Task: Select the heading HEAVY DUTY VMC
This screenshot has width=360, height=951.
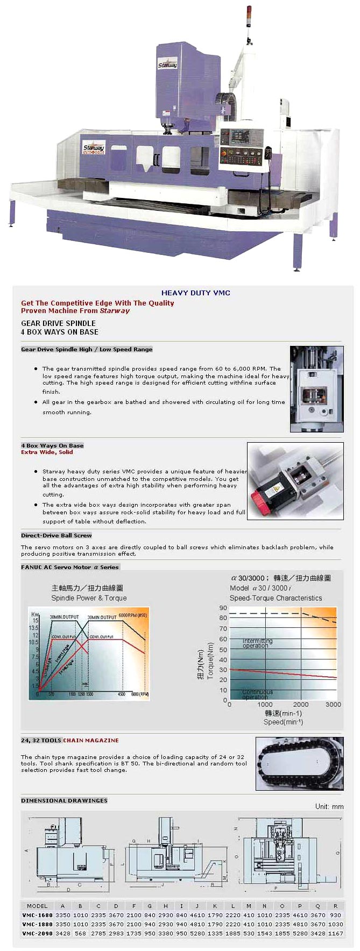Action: pos(196,293)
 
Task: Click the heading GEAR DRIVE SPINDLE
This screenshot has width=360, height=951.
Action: pos(58,323)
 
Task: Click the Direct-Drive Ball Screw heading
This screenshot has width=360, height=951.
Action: pos(57,535)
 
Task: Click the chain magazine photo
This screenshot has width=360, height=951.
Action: pos(299,764)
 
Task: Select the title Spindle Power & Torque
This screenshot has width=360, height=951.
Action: pos(89,598)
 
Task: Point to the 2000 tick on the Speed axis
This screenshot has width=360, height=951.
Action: pos(301,704)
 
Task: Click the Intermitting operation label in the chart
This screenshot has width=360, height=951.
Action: pos(257,643)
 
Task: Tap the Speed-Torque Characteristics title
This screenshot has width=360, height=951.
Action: pos(276,598)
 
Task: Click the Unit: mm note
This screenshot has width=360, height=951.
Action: pos(329,806)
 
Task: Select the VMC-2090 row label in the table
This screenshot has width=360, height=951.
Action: pos(37,933)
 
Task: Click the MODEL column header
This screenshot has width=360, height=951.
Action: pos(37,906)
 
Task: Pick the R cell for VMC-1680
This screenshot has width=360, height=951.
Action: pos(335,915)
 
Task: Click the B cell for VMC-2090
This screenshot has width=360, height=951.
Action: pos(81,933)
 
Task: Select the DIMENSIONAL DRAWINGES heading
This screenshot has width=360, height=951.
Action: pos(64,800)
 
